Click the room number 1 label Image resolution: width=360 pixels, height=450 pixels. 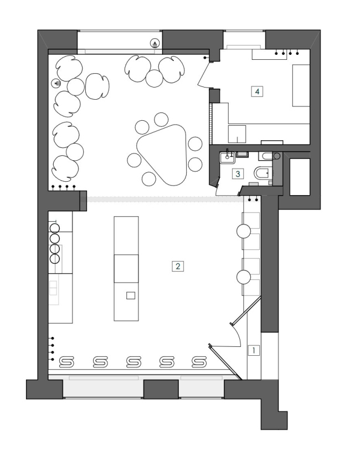tap(254, 350)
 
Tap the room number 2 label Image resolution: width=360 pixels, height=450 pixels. tap(178, 266)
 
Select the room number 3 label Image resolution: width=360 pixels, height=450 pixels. tap(238, 173)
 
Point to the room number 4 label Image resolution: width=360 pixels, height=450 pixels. tap(257, 91)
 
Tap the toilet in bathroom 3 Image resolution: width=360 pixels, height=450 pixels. tap(262, 173)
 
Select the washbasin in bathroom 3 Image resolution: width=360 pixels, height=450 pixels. tap(228, 157)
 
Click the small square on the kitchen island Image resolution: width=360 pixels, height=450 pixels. tap(131, 295)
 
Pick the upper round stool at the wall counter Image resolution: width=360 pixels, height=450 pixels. tap(244, 231)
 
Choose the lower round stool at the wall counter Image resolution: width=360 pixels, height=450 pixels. tap(244, 277)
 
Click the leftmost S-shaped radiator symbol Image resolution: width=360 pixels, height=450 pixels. tap(66, 362)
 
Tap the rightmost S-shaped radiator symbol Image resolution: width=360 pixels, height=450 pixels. tap(199, 362)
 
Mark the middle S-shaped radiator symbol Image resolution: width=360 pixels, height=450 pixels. tap(133, 362)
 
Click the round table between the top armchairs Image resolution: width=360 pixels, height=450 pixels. tap(155, 78)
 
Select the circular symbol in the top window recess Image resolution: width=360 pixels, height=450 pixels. tap(155, 44)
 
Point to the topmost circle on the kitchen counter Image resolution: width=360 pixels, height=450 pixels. tap(54, 228)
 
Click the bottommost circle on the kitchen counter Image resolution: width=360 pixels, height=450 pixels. tap(54, 259)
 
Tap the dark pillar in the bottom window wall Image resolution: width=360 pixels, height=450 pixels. tap(161, 389)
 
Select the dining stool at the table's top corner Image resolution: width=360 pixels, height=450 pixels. tap(161, 119)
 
